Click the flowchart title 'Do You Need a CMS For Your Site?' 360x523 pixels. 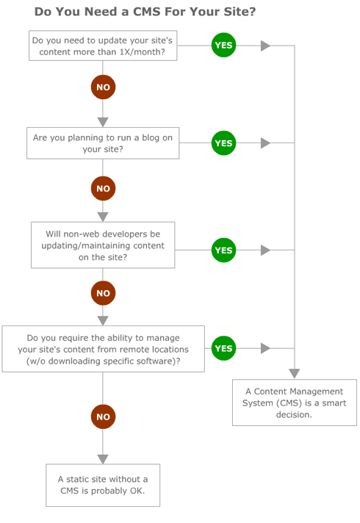[145, 12]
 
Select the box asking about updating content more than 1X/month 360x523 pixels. [103, 46]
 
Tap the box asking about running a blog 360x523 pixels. [103, 143]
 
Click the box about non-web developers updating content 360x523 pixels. [103, 245]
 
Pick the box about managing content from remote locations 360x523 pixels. [103, 349]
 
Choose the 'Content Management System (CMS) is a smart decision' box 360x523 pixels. [295, 403]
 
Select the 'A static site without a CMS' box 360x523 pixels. [103, 485]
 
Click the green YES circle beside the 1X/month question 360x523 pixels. [223, 46]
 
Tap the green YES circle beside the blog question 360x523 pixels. [223, 143]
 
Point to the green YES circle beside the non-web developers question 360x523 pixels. [223, 250]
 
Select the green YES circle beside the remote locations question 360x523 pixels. [223, 348]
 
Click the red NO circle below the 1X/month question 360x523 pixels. [103, 87]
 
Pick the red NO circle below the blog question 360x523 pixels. [103, 189]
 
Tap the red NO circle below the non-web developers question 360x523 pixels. [103, 293]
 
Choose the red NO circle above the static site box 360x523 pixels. [103, 417]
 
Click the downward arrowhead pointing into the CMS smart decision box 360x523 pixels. [295, 373]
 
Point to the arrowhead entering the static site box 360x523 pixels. [103, 458]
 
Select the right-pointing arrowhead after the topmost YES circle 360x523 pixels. [265, 46]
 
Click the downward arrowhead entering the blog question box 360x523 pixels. [103, 122]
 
